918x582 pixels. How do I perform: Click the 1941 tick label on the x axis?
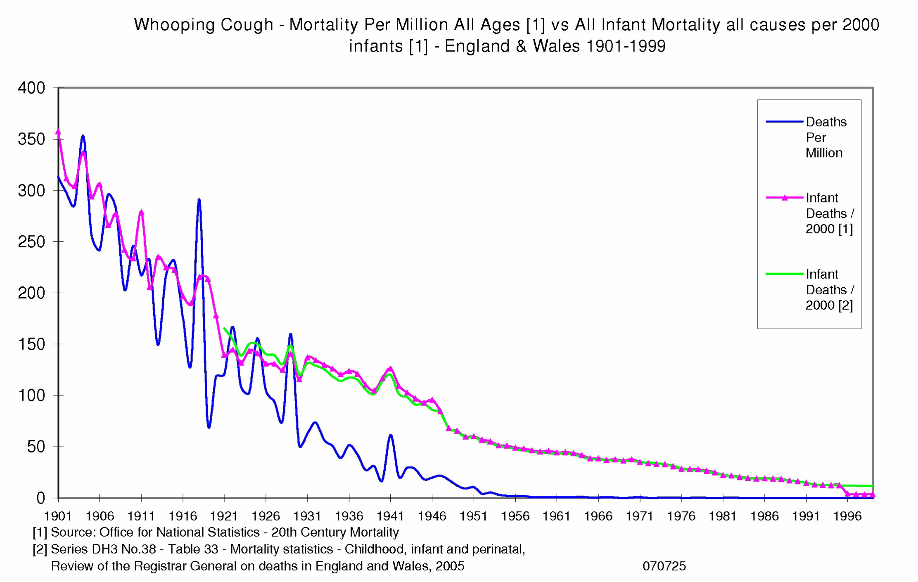click(x=390, y=516)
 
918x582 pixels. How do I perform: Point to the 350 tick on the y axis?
click(x=31, y=139)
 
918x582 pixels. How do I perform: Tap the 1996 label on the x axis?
click(x=847, y=516)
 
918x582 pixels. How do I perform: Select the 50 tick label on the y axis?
click(x=36, y=447)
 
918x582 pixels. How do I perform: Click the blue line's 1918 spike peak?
click(x=199, y=200)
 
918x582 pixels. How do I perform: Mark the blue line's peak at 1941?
click(x=390, y=435)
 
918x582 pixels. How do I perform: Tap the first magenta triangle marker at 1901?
click(x=58, y=131)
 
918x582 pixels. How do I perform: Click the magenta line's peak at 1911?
click(x=141, y=212)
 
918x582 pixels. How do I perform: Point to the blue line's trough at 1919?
click(x=209, y=427)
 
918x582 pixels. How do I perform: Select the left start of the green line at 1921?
click(x=224, y=329)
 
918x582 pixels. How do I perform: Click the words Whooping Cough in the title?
click(x=204, y=25)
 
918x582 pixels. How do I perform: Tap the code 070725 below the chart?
click(x=664, y=566)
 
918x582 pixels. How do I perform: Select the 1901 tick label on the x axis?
click(x=58, y=516)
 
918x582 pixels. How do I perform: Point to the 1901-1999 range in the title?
click(x=626, y=46)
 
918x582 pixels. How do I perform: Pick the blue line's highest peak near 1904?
click(x=83, y=136)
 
